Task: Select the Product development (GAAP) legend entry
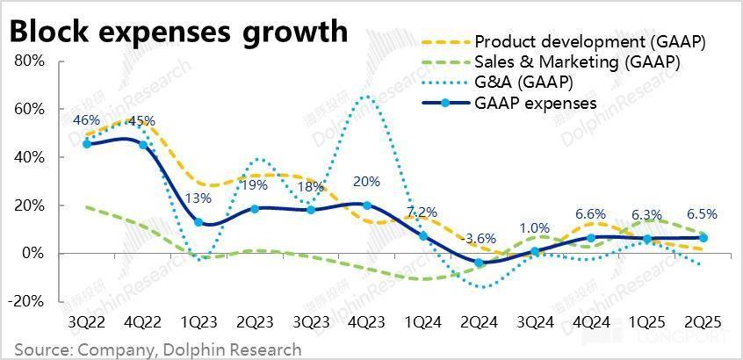tap(589, 42)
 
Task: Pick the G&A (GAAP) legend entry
tap(523, 83)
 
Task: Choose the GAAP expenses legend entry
tap(535, 103)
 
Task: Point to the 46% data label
tap(86, 120)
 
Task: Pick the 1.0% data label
tap(536, 228)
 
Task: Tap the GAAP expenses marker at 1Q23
tap(198, 222)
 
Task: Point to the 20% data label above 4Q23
tap(366, 183)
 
